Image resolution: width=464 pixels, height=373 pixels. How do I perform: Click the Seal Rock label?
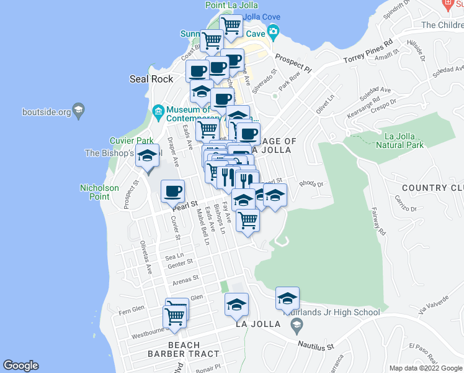tap(151, 79)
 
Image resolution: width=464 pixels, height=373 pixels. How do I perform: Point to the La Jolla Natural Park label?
tap(404, 140)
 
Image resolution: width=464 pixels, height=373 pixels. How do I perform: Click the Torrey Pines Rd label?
tap(368, 53)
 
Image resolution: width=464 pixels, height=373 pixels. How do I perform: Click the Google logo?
tap(20, 366)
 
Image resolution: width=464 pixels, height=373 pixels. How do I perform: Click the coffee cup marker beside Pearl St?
tap(172, 190)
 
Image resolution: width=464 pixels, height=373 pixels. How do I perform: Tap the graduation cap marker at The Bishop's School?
tap(147, 155)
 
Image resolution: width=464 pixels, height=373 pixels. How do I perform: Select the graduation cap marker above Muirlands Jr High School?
tap(287, 299)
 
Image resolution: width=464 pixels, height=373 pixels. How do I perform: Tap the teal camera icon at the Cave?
tap(274, 32)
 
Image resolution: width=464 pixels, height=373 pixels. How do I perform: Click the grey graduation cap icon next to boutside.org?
tap(79, 112)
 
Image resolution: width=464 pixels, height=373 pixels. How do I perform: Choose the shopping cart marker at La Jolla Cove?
tap(231, 25)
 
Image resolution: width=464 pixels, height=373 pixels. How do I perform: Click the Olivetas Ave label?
tap(146, 258)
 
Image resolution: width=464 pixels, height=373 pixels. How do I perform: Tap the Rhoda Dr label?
tap(311, 184)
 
